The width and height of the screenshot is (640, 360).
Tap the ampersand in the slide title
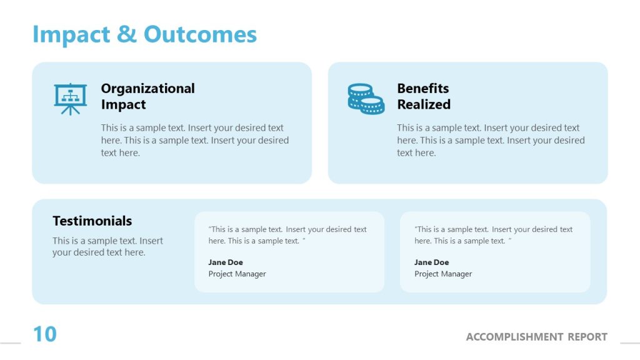tap(126, 34)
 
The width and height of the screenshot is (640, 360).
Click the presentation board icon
tap(70, 99)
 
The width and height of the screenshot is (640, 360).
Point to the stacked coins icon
tap(366, 99)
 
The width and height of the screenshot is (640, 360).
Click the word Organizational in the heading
tap(148, 89)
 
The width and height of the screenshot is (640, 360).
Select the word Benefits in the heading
tap(423, 89)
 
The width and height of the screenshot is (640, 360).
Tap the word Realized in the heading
tap(424, 104)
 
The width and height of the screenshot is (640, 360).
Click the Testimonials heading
tap(92, 221)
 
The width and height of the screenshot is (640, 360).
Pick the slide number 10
tap(44, 334)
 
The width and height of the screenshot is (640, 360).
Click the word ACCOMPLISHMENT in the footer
tap(514, 337)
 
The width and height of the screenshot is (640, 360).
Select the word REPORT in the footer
tap(587, 337)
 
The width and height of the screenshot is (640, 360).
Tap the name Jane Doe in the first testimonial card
tap(226, 262)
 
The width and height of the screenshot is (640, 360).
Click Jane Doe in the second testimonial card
tap(431, 262)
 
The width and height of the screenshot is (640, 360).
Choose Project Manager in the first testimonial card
tap(237, 274)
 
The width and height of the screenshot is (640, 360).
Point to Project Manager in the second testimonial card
tap(443, 274)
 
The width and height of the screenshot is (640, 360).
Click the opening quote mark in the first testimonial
tap(210, 229)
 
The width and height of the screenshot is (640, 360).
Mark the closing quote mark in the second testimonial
tap(510, 240)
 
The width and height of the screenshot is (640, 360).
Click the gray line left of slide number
tap(10, 343)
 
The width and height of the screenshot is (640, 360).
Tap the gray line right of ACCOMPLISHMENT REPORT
tap(629, 343)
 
